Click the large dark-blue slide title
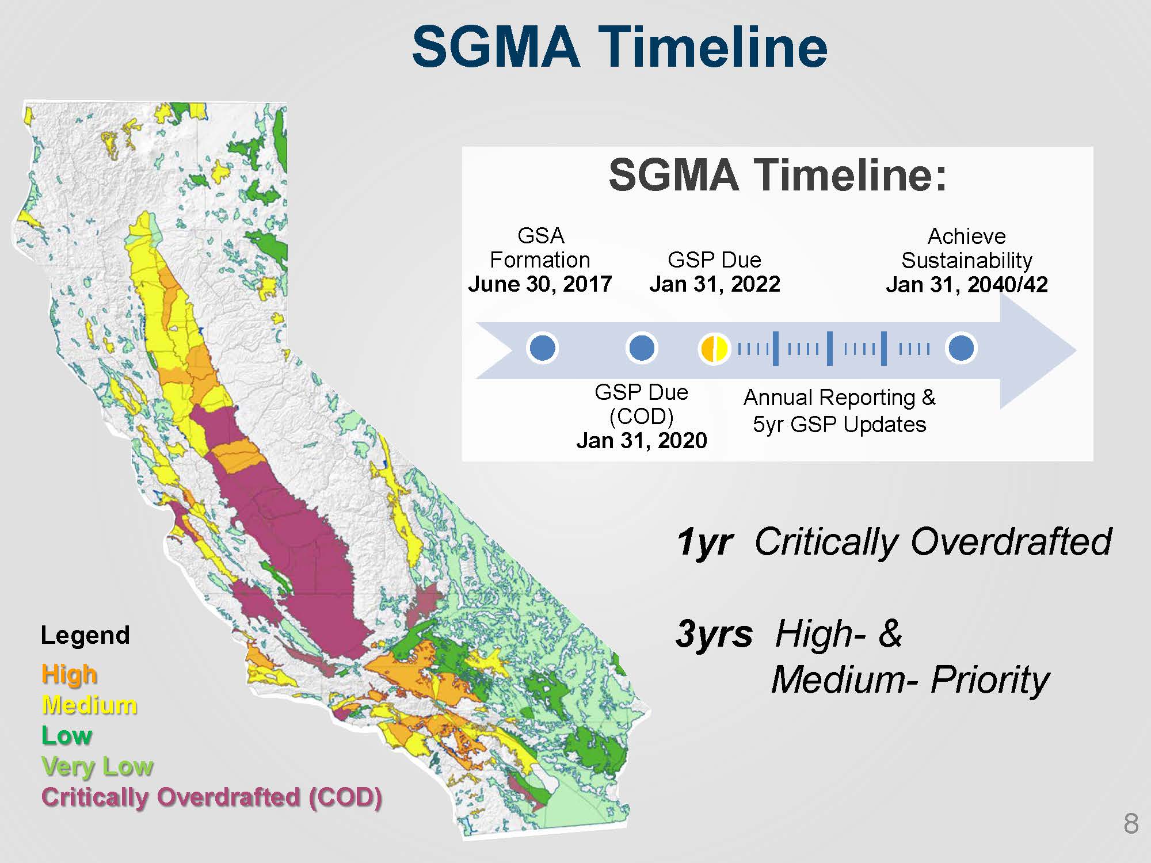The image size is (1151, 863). (620, 47)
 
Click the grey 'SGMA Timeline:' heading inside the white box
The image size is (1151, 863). (778, 175)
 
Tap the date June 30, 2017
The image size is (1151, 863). (540, 284)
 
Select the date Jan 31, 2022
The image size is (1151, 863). (715, 284)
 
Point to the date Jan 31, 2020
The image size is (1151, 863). (642, 440)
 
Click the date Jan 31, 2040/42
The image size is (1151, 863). (967, 284)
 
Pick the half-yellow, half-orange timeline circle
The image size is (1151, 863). (714, 348)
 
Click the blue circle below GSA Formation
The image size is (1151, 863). (542, 348)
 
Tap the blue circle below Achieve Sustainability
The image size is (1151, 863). (961, 348)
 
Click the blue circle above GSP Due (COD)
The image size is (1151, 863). (642, 348)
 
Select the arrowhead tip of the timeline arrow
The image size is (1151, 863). (1076, 350)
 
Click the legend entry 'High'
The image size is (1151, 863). (69, 674)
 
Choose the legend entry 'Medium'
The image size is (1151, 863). (89, 705)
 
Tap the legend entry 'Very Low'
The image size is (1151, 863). (97, 766)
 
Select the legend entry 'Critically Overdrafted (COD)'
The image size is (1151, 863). (212, 797)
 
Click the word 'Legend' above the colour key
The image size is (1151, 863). (85, 636)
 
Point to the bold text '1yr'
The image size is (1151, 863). (704, 542)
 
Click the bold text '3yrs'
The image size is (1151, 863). (714, 634)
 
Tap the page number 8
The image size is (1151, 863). (1131, 824)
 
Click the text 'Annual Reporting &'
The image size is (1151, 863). (840, 398)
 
